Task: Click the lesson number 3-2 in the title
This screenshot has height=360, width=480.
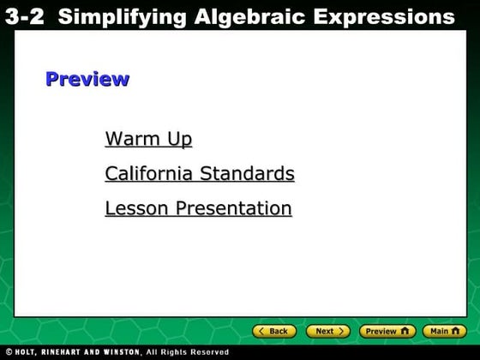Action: tap(24, 16)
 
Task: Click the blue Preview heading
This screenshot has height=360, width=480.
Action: tap(87, 80)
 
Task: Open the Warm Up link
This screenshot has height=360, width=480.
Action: tap(148, 139)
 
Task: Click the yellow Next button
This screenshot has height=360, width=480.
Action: tap(328, 331)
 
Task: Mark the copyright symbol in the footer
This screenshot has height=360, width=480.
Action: tap(9, 352)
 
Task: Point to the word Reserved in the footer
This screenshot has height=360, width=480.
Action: tap(209, 352)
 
